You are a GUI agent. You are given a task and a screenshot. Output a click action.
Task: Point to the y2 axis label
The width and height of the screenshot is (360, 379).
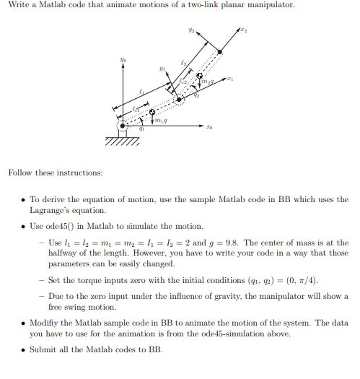190,30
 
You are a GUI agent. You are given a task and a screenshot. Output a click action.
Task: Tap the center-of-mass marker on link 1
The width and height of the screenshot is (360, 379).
152,112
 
